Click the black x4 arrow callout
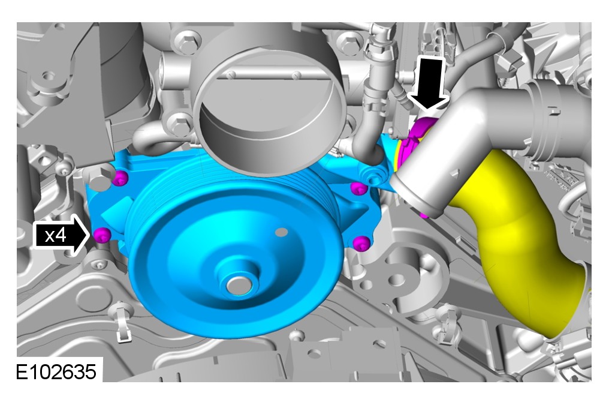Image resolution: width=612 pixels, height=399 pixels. pyautogui.click(x=61, y=235)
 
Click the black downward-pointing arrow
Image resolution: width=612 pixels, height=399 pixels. pyautogui.click(x=428, y=83)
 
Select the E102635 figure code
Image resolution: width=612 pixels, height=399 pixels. pyautogui.click(x=56, y=371)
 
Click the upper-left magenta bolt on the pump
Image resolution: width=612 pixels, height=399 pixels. pyautogui.click(x=120, y=178)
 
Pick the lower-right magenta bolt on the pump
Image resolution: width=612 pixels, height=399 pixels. pyautogui.click(x=361, y=243)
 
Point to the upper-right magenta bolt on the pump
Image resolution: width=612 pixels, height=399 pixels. pyautogui.click(x=360, y=188)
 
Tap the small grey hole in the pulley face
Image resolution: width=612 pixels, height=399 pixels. pyautogui.click(x=281, y=233)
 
